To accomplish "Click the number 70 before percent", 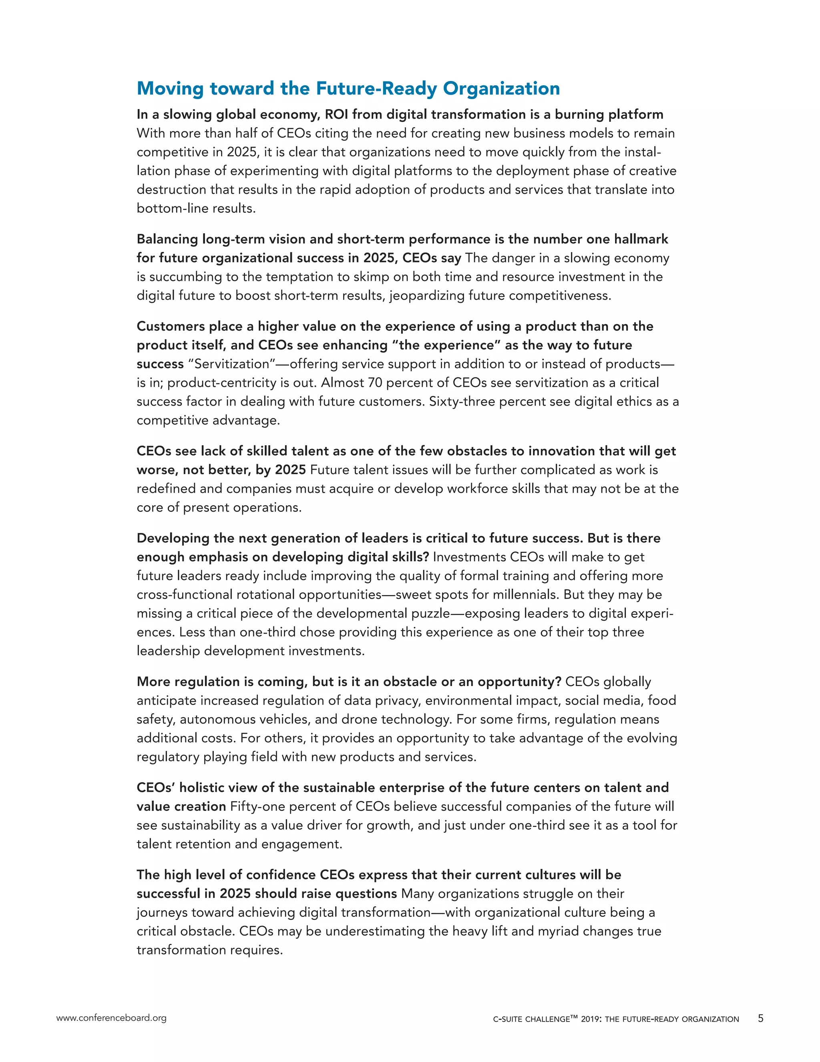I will coord(375,383).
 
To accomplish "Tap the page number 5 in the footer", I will coord(760,1018).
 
